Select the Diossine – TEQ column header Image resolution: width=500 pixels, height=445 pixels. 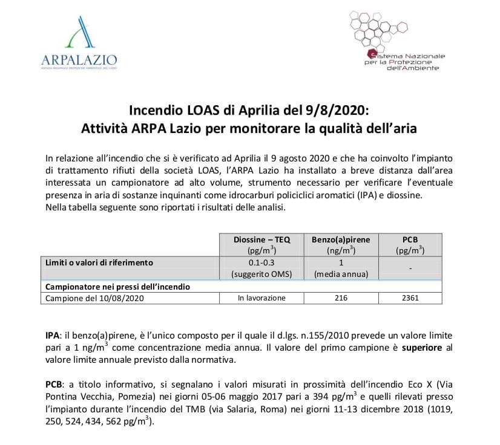point(262,244)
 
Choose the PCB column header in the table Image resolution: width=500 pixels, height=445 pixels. point(407,244)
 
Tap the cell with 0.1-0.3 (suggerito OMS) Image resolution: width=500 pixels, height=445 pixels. point(262,268)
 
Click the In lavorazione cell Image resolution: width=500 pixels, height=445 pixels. point(262,297)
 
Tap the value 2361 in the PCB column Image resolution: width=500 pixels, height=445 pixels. point(407,297)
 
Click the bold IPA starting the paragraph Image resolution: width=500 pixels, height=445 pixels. point(53,335)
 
